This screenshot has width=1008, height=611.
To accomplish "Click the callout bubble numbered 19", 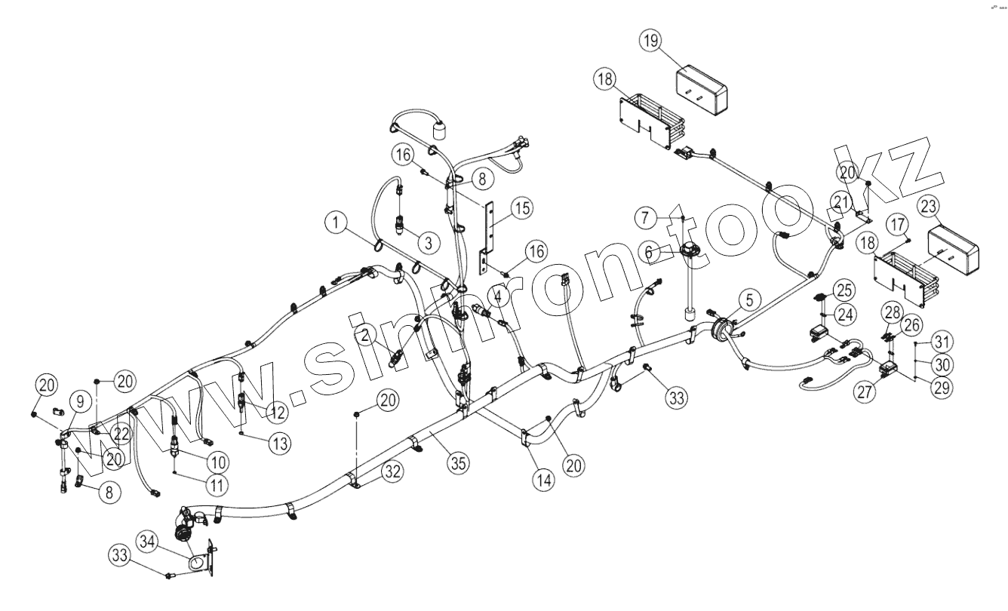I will [x=653, y=41].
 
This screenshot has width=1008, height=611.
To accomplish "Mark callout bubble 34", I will [x=149, y=541].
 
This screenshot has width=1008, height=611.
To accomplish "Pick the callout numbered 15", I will [x=519, y=208].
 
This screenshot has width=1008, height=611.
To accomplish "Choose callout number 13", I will [x=278, y=444].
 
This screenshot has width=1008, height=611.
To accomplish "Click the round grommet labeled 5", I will [x=720, y=330].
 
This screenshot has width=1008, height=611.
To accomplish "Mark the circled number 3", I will [x=427, y=243].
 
